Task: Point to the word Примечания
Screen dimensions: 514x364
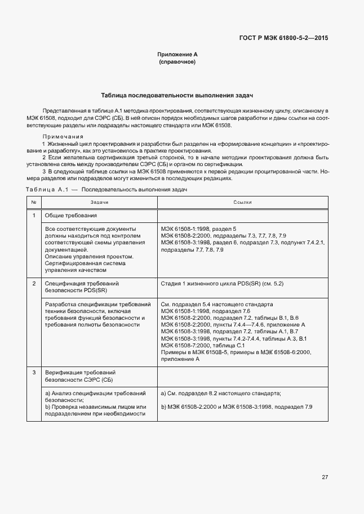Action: (x=63, y=137)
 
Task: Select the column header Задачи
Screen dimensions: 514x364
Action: (x=99, y=202)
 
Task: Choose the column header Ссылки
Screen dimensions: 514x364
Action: (x=242, y=202)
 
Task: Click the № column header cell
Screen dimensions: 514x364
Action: (x=34, y=202)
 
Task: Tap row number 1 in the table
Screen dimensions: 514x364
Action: (x=34, y=216)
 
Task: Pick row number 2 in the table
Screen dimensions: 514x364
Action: (x=34, y=283)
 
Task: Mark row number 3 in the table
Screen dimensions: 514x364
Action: (x=34, y=373)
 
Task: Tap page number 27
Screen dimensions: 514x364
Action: (x=325, y=477)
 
